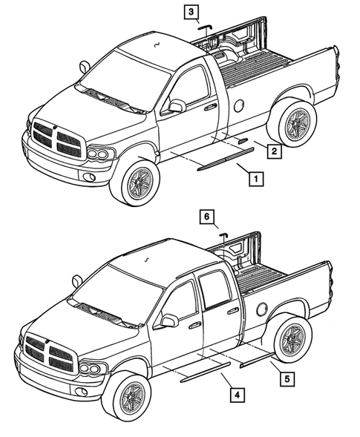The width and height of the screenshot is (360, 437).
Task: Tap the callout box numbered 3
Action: [x=192, y=12]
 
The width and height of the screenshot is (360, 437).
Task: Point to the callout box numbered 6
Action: [x=209, y=217]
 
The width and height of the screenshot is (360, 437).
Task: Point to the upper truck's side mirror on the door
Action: [x=176, y=106]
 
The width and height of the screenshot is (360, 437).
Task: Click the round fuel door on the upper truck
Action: [x=238, y=105]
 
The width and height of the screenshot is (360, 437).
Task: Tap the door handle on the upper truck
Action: [x=211, y=108]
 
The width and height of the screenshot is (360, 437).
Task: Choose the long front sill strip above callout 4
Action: [x=206, y=370]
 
